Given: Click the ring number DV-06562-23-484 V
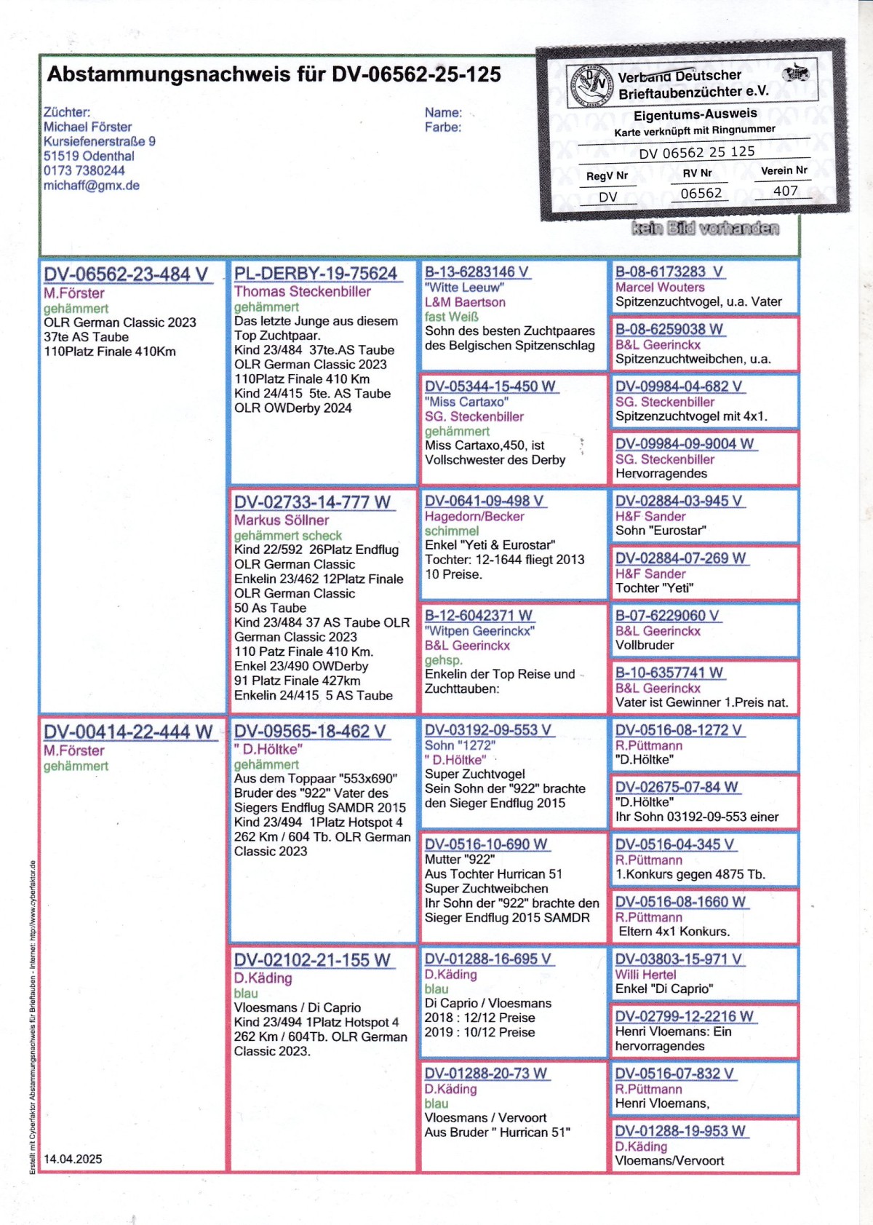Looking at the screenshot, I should [126, 274].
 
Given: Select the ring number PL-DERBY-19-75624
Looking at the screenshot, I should [316, 274].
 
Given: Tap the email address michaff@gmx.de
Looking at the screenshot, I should [92, 186].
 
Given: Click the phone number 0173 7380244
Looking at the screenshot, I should [84, 170].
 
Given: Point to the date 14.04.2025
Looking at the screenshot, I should [73, 1159].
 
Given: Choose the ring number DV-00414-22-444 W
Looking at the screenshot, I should [128, 732].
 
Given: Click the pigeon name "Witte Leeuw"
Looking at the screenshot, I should [464, 288].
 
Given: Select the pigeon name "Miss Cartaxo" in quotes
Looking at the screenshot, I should [466, 402].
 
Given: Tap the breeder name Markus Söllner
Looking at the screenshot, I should [282, 520].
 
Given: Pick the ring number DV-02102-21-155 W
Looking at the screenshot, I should [313, 960].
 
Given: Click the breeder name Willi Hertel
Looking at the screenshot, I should [645, 975].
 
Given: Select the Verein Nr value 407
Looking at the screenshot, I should [785, 191].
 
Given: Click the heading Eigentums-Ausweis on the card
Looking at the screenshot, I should [695, 114].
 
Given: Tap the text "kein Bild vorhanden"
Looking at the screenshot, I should [705, 229].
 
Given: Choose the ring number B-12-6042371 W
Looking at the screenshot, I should [479, 616].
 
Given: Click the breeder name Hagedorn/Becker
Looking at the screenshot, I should [474, 516].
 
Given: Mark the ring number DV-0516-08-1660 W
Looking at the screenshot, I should [680, 902].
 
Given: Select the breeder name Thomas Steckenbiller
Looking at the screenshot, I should [303, 292].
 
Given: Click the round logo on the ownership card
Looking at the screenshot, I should [590, 86].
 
